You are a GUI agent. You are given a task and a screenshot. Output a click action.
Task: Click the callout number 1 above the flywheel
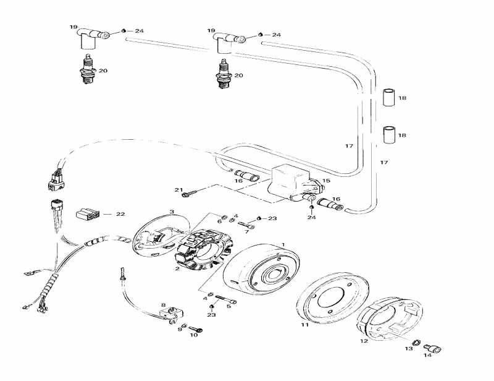pos(283,244)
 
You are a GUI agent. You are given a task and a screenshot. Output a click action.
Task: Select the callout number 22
pos(120,214)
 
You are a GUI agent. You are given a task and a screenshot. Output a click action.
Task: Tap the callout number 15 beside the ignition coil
pos(326,181)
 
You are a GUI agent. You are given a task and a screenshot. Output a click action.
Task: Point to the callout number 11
pos(304,324)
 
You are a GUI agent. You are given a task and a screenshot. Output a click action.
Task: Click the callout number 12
pos(364,341)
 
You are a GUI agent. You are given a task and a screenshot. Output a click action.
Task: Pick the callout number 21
pos(179,189)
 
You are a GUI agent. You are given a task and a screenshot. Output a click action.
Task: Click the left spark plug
pos(88,69)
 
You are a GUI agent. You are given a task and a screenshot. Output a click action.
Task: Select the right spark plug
pos(224,74)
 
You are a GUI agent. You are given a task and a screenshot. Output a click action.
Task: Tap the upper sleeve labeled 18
pos(389,98)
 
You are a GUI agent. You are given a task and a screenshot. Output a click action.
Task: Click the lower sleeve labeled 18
pos(389,135)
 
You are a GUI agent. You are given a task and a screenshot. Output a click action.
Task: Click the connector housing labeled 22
pos(88,215)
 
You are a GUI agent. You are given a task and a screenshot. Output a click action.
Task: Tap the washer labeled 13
pos(416,343)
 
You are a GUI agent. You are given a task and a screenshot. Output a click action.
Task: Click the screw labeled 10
pos(195,329)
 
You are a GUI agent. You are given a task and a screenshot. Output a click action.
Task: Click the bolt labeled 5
pos(226,299)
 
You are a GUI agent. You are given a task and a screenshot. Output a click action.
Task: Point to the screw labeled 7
pos(246,226)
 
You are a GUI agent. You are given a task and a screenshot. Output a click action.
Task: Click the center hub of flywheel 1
pos(274,272)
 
